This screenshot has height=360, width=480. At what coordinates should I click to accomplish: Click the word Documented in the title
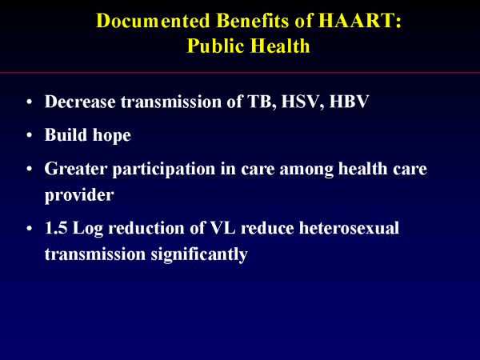click(x=153, y=21)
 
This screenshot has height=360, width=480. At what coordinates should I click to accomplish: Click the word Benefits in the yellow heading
click(x=253, y=21)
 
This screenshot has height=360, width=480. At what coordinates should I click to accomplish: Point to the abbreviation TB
click(x=259, y=102)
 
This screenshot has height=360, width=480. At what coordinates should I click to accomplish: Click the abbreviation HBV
click(x=349, y=102)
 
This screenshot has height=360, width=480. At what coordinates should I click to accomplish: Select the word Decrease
click(x=80, y=102)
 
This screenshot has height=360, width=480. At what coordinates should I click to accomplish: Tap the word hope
click(x=112, y=135)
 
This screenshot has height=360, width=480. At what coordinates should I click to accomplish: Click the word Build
click(x=66, y=134)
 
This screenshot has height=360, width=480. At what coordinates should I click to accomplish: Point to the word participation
click(x=164, y=170)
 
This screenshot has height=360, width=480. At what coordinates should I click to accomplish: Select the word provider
click(x=79, y=195)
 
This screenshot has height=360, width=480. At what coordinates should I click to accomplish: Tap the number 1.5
click(x=56, y=228)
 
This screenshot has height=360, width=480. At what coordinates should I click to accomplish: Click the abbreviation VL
click(x=223, y=228)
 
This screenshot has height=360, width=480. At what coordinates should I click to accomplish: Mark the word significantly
click(x=199, y=254)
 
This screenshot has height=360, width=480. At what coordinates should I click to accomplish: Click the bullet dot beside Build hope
click(x=30, y=135)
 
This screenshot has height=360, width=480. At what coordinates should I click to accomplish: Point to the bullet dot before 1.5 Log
click(x=30, y=228)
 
